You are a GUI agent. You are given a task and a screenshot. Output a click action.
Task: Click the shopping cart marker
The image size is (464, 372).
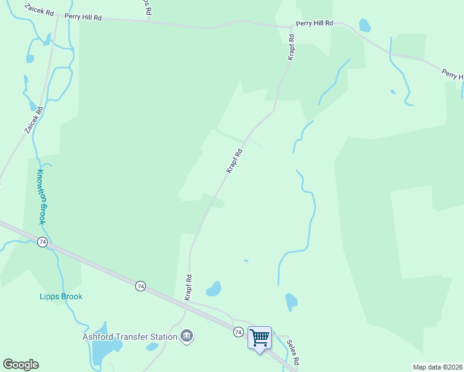tap(260, 339)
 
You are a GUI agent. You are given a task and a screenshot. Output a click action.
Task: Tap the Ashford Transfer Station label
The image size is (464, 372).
tap(130, 337)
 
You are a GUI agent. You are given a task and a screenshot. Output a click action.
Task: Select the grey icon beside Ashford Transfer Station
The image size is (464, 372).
tap(186, 337)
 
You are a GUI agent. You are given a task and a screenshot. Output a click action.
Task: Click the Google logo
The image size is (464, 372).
tap(20, 365)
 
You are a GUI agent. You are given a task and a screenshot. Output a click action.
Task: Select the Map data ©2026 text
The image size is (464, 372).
tap(437, 367)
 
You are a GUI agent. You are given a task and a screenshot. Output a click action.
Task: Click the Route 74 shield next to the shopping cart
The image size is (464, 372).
tap(238, 332)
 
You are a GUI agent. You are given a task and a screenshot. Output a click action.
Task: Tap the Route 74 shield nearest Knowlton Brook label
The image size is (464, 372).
tap(42, 242)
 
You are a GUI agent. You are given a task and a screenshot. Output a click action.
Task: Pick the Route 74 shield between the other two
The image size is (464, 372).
tap(141, 286)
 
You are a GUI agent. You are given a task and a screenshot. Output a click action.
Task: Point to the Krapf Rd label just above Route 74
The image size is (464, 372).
tap(188, 288)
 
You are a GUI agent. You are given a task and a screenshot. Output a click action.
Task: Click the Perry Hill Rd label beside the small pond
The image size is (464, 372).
tap(315, 23)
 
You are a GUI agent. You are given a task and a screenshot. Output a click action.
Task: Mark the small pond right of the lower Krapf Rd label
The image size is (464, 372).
tap(213, 288)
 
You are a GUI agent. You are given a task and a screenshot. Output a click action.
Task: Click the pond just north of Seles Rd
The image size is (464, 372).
tap(290, 302)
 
